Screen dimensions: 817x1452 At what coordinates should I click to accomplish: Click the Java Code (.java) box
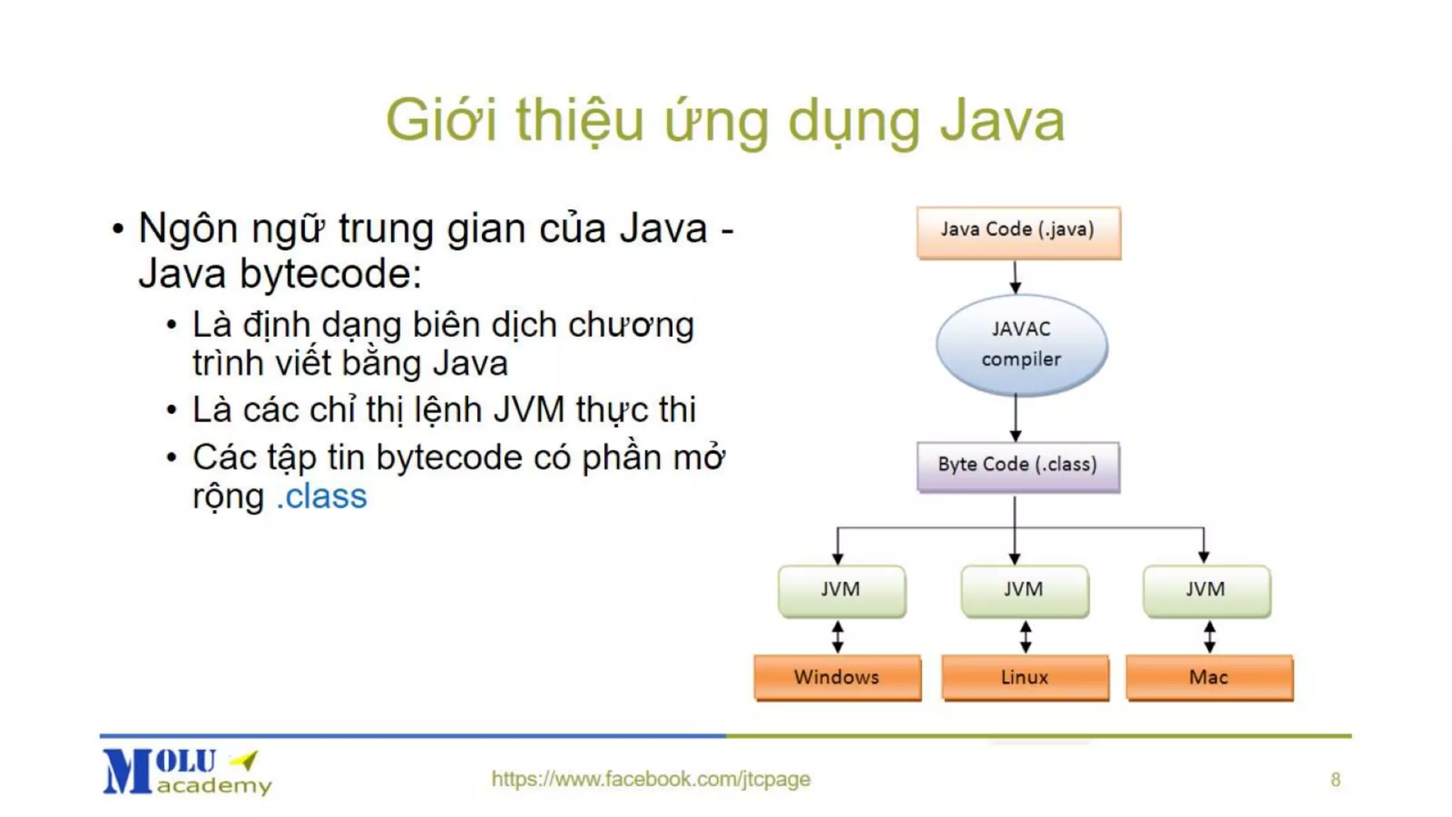[x=1018, y=232]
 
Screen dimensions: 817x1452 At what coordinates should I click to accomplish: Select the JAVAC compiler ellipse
[x=1021, y=345]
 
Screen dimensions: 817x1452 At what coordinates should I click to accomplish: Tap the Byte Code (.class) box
[x=1018, y=466]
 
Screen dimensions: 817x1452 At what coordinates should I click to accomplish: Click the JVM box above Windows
[x=842, y=590]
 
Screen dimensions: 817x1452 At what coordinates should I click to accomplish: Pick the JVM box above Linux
[x=1024, y=590]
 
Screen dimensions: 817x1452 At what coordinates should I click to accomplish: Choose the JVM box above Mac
[x=1206, y=590]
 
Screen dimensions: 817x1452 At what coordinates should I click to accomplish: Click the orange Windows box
[x=837, y=677]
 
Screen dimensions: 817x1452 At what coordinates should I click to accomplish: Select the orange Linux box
[x=1024, y=677]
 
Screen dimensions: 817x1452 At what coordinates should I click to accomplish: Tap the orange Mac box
[x=1209, y=677]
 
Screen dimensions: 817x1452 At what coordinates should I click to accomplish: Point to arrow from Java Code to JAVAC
[x=1015, y=277]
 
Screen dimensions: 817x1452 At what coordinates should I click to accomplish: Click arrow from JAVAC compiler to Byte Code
[x=1015, y=418]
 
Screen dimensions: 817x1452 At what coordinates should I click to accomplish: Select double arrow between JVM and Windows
[x=838, y=636]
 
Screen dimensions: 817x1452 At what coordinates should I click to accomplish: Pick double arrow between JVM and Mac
[x=1210, y=636]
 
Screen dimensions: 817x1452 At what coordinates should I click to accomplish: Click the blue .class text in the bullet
[x=322, y=496]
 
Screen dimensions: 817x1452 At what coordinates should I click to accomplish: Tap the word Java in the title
[x=1002, y=121]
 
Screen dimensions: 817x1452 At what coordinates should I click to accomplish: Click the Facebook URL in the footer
[x=650, y=779]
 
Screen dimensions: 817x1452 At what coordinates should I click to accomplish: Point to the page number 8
[x=1335, y=779]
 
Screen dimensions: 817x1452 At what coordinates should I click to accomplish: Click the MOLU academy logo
[x=186, y=772]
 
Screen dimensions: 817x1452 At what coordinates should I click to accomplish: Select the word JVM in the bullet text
[x=529, y=410]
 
